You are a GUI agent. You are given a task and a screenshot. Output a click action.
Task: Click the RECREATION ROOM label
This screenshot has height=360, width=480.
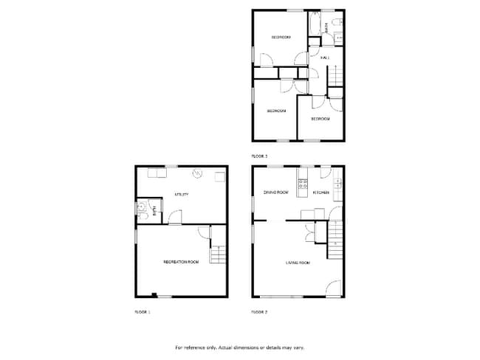[182, 262]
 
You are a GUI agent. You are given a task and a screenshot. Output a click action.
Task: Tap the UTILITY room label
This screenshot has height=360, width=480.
[181, 195]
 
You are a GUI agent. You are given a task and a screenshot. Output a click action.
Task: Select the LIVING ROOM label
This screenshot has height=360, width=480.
[298, 262]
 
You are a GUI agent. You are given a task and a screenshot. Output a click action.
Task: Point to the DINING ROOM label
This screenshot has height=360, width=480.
[276, 193]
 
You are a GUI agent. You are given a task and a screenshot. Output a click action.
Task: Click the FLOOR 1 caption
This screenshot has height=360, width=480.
[142, 312]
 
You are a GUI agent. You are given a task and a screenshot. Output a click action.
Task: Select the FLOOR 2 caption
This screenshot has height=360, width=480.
[259, 312]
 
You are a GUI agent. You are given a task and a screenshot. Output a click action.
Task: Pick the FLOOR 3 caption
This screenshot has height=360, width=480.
[259, 156]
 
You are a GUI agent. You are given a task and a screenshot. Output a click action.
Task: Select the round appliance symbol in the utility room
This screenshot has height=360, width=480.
[197, 174]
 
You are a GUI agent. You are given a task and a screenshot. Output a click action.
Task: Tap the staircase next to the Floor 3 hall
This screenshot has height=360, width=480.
[336, 77]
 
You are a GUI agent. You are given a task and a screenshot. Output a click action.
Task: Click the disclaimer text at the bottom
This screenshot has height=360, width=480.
[239, 347]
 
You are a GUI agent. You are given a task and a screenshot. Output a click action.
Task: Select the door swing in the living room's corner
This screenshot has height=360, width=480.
[333, 289]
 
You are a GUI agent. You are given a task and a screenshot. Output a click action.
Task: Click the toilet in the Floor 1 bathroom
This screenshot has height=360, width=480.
[141, 209]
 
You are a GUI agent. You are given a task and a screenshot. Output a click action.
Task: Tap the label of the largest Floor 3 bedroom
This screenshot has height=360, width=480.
[276, 111]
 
